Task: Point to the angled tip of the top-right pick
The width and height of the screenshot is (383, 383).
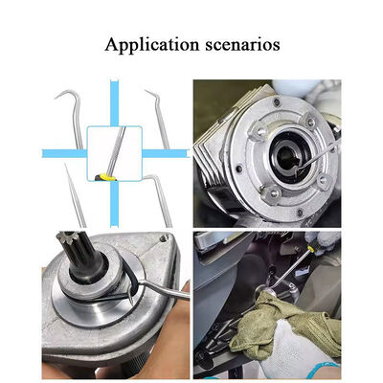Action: coord(148,94)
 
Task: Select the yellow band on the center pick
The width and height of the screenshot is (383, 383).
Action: coord(108,176)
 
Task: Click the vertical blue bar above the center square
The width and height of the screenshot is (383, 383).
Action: coord(112,101)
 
